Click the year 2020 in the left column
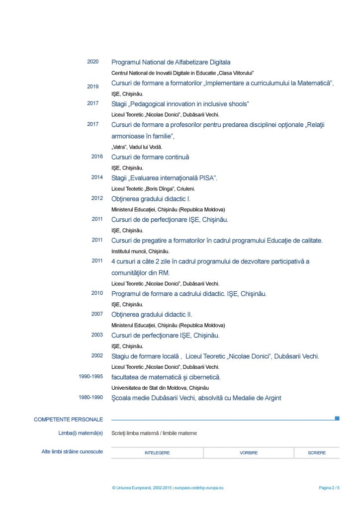click(x=93, y=62)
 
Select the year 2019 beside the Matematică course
click(x=93, y=86)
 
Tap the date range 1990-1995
click(x=90, y=376)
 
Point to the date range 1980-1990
click(x=90, y=397)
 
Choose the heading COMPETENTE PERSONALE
click(x=68, y=420)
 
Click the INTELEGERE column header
click(x=157, y=453)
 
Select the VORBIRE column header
click(x=249, y=453)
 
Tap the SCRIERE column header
click(x=317, y=453)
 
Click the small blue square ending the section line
click(x=337, y=419)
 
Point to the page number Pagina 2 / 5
click(x=329, y=488)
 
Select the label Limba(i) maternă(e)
click(x=81, y=433)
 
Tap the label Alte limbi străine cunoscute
click(x=72, y=451)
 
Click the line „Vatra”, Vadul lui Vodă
click(x=137, y=147)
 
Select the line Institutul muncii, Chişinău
click(x=140, y=251)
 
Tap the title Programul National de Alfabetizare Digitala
click(x=171, y=62)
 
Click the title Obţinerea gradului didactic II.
click(x=152, y=315)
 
